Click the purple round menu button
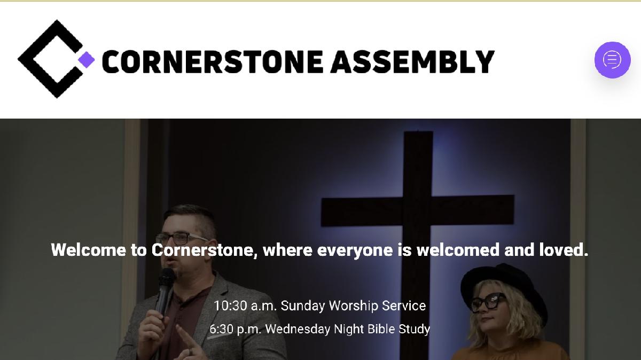coord(612,60)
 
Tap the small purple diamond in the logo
coord(87,60)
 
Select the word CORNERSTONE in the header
coord(213,62)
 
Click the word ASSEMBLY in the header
coord(412,62)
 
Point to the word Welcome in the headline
coord(89,250)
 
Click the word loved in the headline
coord(564,250)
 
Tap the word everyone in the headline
coord(355,251)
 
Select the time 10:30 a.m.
coord(245,306)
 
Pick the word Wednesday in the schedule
coord(298,329)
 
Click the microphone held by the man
coord(165,291)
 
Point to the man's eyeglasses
coord(181,238)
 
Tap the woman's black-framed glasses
coord(488,302)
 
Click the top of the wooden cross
coord(418,132)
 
